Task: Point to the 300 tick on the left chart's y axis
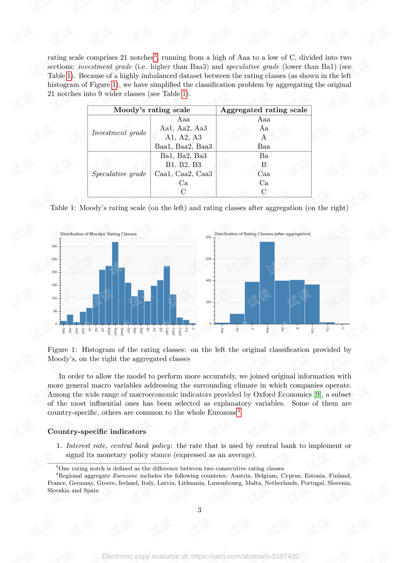(x=54, y=246)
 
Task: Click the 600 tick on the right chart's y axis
(x=209, y=259)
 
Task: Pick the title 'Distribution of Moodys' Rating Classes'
(x=99, y=234)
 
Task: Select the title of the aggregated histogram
(x=262, y=234)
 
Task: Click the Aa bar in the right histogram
(x=237, y=319)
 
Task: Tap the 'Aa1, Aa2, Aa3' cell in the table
(x=183, y=128)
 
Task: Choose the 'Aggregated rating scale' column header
(x=264, y=110)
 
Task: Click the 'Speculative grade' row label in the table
(x=119, y=174)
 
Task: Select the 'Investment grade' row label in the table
(x=119, y=133)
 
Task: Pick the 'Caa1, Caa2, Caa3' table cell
(x=183, y=174)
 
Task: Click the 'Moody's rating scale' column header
(x=152, y=110)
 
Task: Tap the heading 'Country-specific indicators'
(x=97, y=431)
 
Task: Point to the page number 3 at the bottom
(x=199, y=510)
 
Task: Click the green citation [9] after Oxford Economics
(x=318, y=395)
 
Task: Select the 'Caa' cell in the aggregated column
(x=264, y=174)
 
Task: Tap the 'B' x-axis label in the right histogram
(x=298, y=329)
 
